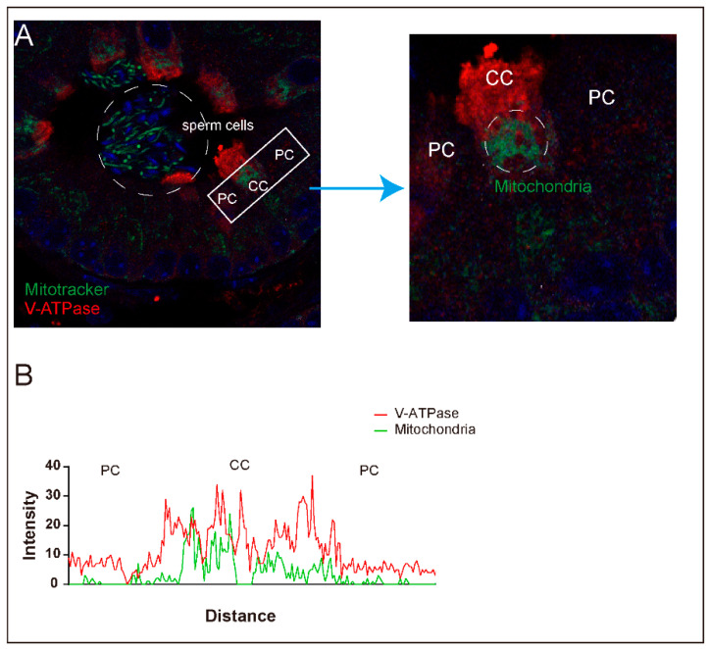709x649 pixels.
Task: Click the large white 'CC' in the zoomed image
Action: [500, 78]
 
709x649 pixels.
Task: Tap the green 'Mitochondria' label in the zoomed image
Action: [536, 183]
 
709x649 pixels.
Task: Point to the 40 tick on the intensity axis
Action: [55, 465]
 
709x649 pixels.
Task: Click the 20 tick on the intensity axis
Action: [55, 524]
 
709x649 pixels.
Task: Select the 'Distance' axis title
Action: [240, 616]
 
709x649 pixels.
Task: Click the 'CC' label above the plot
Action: [239, 464]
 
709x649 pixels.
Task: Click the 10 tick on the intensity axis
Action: [55, 554]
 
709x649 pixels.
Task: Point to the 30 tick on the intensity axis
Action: [55, 495]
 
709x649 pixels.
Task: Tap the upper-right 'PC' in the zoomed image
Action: [601, 96]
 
